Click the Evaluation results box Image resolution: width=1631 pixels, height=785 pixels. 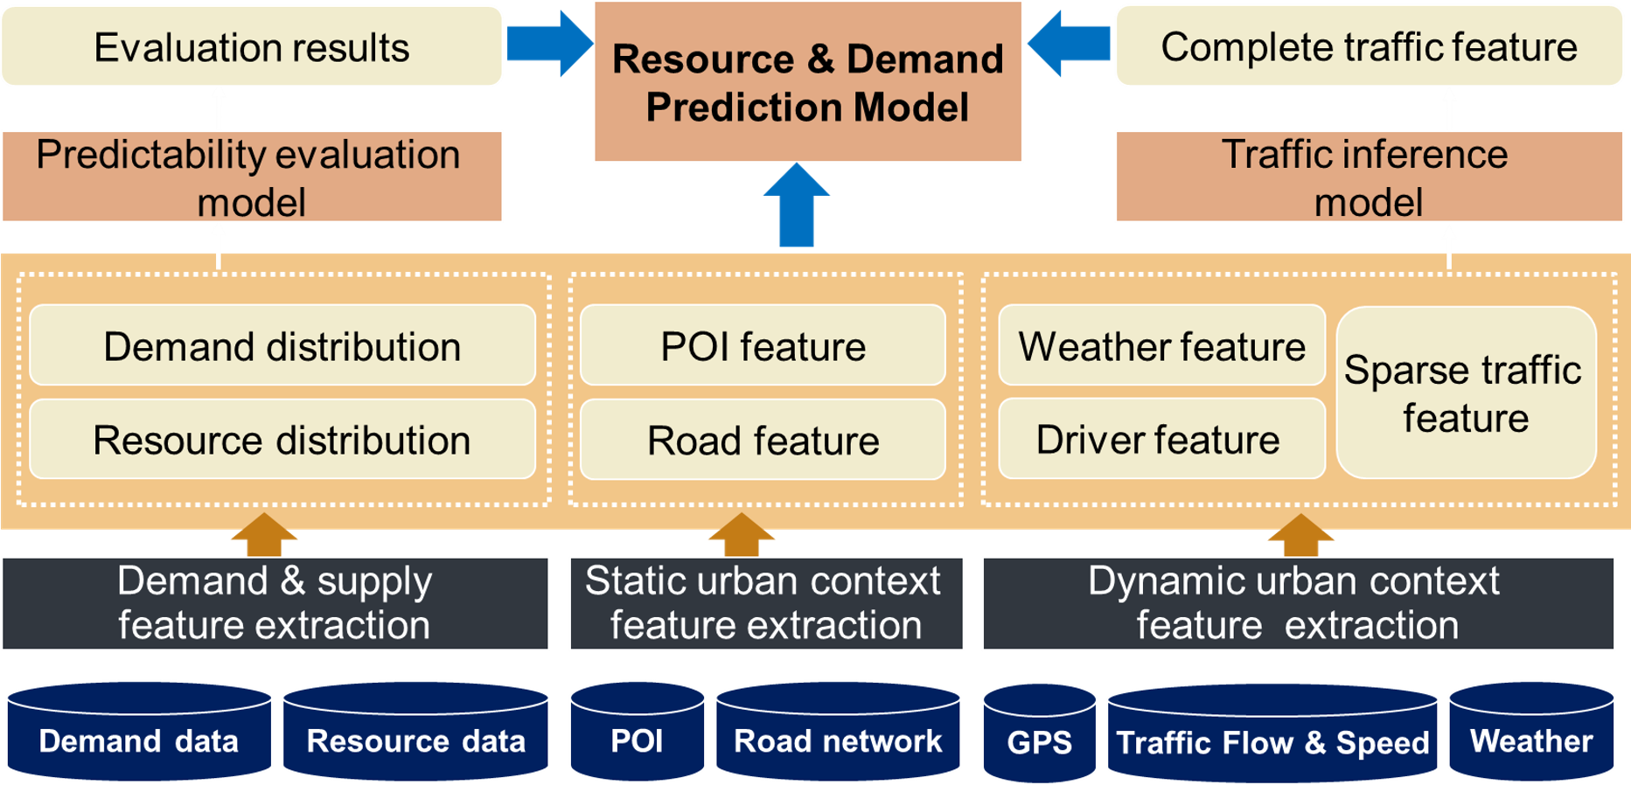click(x=252, y=46)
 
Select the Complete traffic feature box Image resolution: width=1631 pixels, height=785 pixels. click(x=1369, y=46)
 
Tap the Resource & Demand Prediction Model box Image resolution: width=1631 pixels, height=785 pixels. click(x=808, y=81)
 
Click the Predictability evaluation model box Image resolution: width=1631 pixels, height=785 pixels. click(x=252, y=177)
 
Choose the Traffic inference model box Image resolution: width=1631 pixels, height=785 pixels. click(x=1369, y=177)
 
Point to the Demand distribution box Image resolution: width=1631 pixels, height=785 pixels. click(x=282, y=345)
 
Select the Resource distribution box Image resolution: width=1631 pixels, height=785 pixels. click(x=282, y=439)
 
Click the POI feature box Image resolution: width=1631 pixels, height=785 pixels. click(x=763, y=345)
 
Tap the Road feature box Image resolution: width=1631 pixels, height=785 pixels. click(x=763, y=439)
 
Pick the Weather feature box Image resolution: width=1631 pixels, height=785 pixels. click(x=1161, y=345)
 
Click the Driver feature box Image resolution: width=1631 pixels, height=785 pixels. click(x=1161, y=439)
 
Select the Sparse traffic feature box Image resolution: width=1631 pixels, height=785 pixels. click(x=1466, y=392)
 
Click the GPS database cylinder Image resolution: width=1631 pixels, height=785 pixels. click(x=1039, y=733)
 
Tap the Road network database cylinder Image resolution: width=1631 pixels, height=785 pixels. click(x=838, y=732)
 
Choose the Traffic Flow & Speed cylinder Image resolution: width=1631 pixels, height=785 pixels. click(x=1272, y=733)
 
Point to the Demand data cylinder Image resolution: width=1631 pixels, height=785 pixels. click(x=139, y=732)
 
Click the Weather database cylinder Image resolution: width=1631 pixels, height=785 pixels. click(x=1531, y=732)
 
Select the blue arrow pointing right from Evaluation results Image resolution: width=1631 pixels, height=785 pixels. click(x=549, y=44)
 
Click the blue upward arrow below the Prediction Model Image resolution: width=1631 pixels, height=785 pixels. click(x=797, y=205)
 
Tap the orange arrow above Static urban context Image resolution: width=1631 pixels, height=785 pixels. click(x=741, y=534)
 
